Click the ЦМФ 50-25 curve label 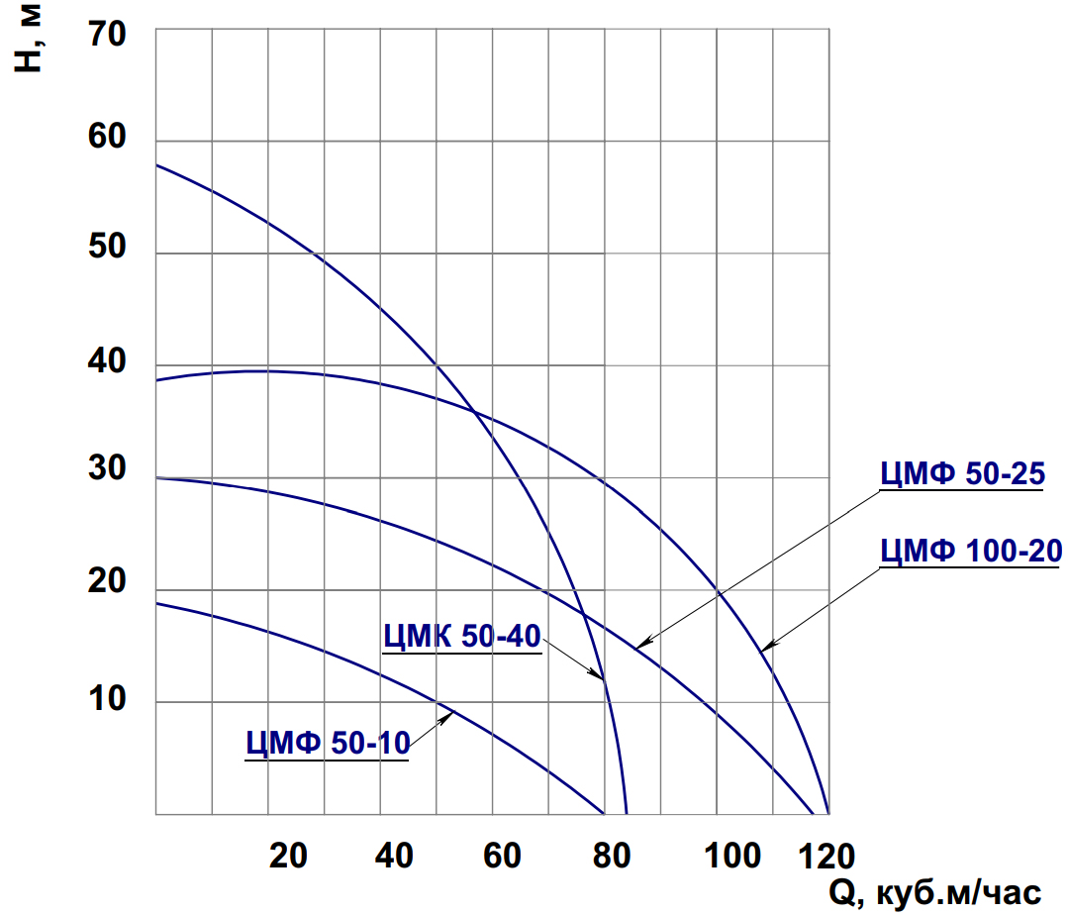click(x=962, y=476)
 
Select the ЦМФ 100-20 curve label click(x=970, y=552)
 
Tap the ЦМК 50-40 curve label click(x=461, y=637)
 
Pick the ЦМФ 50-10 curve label click(x=327, y=743)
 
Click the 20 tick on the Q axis click(x=288, y=856)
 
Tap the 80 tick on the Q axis click(x=613, y=856)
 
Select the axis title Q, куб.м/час click(x=933, y=892)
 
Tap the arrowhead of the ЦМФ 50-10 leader click(x=450, y=713)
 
